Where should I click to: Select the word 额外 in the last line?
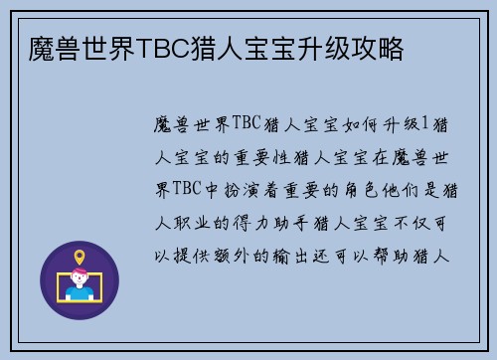click(234, 256)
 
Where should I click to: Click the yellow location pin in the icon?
click(80, 257)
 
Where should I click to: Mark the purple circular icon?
click(80, 279)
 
